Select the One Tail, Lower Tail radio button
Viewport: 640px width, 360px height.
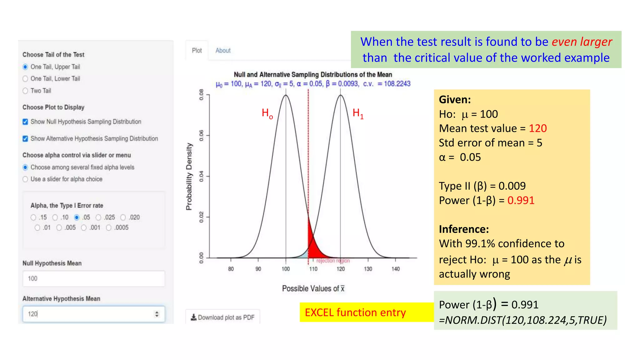tap(25, 79)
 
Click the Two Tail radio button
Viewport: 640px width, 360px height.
tap(25, 91)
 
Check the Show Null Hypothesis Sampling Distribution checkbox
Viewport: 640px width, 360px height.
tap(25, 122)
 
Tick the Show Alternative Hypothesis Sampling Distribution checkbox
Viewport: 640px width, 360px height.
tap(25, 138)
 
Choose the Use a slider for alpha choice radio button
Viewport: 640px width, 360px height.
tap(25, 179)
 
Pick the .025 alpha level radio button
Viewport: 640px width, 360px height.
tap(98, 217)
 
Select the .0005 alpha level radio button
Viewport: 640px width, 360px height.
tap(108, 228)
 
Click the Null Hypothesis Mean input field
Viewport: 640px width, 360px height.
tap(93, 278)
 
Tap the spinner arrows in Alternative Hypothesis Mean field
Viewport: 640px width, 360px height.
tap(157, 314)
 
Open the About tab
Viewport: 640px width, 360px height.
tap(223, 51)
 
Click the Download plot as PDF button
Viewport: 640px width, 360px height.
tap(222, 317)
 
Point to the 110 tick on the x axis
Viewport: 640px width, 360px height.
tap(313, 268)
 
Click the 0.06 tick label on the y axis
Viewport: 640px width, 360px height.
tap(202, 135)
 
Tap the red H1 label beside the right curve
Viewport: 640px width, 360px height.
tap(358, 113)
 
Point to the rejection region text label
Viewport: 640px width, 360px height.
tap(333, 261)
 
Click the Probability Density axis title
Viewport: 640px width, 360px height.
tap(189, 177)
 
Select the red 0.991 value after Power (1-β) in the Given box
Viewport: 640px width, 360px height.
tap(521, 200)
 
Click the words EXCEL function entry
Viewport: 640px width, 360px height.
tap(355, 312)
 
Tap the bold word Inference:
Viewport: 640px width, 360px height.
tap(464, 229)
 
